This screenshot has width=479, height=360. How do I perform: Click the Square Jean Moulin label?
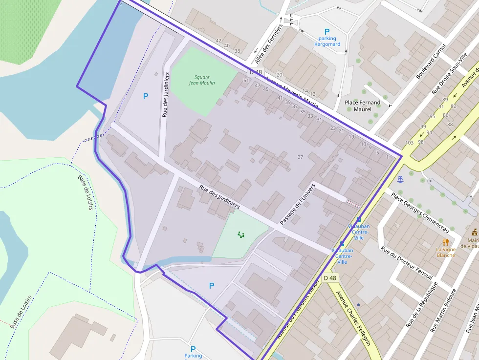[x=202, y=80]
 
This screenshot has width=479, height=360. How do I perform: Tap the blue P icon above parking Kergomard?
[x=327, y=31]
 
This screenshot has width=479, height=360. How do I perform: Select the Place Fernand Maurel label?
[x=363, y=106]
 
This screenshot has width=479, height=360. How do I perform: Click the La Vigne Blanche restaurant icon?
[x=445, y=242]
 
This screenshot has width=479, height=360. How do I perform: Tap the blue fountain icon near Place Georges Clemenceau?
[x=401, y=179]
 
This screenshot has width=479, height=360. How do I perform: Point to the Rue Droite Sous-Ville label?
[x=449, y=73]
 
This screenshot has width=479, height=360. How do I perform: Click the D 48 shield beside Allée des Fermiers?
[x=256, y=72]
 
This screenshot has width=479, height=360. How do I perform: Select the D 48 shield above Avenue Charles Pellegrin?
[x=330, y=278]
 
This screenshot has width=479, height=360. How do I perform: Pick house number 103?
[x=410, y=143]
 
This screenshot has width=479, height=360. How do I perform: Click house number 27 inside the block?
[x=300, y=157]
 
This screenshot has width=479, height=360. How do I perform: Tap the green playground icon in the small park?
[x=240, y=235]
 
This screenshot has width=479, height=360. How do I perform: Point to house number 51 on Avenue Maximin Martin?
[x=246, y=81]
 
